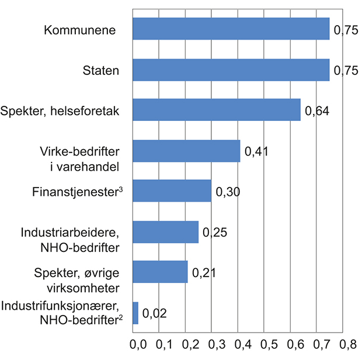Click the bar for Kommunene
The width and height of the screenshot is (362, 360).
[x=231, y=29]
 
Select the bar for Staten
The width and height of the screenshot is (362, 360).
[x=231, y=70]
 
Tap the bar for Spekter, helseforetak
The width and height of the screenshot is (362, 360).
[x=217, y=110]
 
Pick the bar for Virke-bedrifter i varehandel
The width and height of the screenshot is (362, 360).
[x=186, y=151]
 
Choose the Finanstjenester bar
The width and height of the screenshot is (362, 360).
[x=172, y=191]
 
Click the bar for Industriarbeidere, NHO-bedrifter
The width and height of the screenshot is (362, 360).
[x=166, y=232]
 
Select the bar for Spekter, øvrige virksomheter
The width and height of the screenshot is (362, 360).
[x=161, y=272]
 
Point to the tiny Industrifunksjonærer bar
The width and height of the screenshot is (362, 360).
[x=135, y=313]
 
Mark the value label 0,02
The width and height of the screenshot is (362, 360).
[x=154, y=314]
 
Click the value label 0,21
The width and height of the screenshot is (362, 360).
[x=204, y=273]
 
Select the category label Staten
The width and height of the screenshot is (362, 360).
[x=100, y=71]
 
